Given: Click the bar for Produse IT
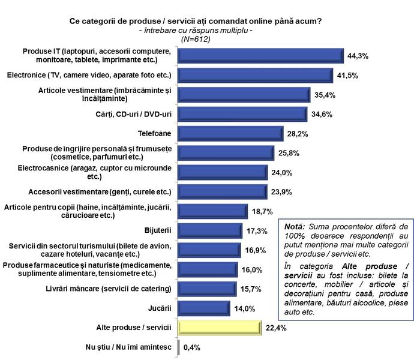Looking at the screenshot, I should [x=261, y=55].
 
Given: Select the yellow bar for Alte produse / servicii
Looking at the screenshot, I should [x=218, y=328].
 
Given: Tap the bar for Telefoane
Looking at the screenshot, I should [x=230, y=133].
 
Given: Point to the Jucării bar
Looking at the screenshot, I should [x=204, y=308].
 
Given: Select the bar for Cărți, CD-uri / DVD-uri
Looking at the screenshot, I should [x=244, y=114].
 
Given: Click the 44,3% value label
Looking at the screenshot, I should [x=358, y=56].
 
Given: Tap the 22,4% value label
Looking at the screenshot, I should [x=274, y=328].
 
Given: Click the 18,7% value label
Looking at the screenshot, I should [x=261, y=211].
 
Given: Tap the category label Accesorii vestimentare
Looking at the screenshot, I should [x=100, y=192].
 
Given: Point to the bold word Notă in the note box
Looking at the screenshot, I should [x=294, y=227].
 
